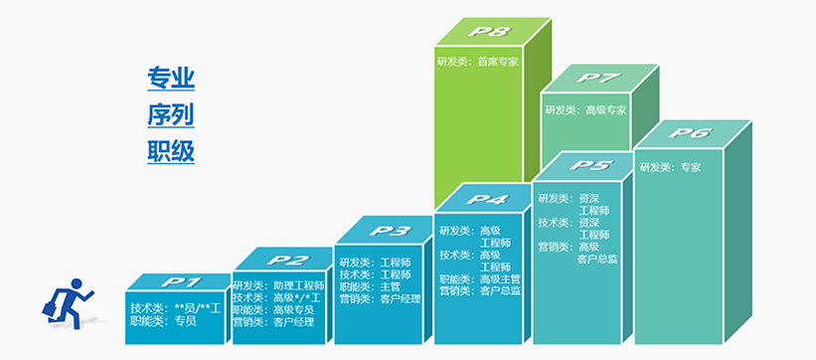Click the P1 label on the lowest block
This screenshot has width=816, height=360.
tap(180, 282)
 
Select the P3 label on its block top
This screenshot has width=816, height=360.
tap(390, 230)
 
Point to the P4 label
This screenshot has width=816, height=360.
tap(489, 199)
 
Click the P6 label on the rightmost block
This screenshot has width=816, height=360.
tap(690, 133)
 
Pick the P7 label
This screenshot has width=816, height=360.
tap(599, 79)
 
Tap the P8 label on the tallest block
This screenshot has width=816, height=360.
tap(489, 32)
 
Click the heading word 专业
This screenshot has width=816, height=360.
tap(171, 79)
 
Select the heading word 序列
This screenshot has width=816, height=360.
tap(171, 115)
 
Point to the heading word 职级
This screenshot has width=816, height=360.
tap(171, 151)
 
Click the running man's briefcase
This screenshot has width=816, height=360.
tap(50, 308)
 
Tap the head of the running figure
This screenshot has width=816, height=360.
tap(77, 284)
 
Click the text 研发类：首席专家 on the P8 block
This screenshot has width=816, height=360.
tap(478, 62)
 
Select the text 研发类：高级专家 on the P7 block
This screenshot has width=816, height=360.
tap(585, 110)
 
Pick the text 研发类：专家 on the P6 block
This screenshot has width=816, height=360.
tap(670, 167)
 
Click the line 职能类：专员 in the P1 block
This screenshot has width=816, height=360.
tap(163, 321)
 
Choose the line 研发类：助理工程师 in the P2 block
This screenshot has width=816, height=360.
tap(278, 286)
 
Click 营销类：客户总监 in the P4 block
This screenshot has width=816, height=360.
tap(480, 291)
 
